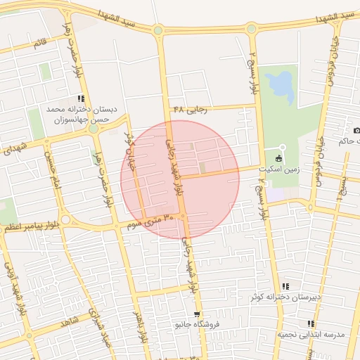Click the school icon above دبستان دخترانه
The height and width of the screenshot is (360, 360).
(x=82, y=98)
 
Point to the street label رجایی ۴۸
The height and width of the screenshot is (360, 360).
(x=188, y=110)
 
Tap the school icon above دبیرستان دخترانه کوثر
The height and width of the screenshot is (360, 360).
(x=285, y=286)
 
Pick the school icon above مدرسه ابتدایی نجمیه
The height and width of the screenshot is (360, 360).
(x=309, y=323)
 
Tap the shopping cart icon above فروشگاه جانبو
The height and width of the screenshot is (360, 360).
(x=198, y=314)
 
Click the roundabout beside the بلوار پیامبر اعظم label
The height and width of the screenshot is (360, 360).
(x=65, y=220)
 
